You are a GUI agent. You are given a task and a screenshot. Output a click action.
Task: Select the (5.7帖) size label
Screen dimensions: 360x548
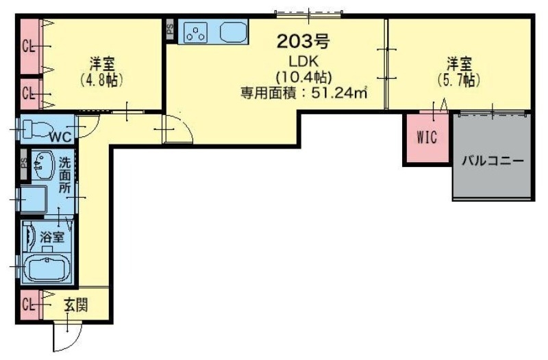[x=458, y=80]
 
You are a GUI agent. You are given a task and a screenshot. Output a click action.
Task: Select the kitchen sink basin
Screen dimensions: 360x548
[x=234, y=32]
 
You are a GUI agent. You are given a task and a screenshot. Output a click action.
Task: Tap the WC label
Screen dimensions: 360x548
[x=60, y=134]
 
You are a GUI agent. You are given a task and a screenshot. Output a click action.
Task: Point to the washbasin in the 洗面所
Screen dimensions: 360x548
[x=42, y=164]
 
